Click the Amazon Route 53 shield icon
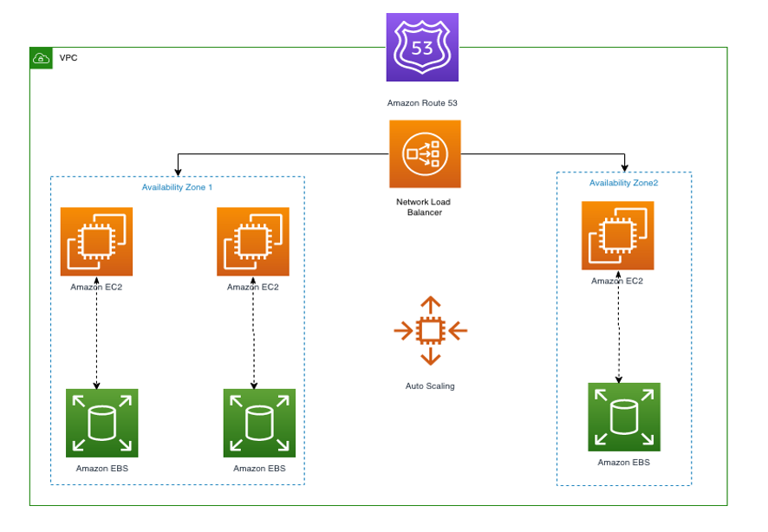tap(422, 48)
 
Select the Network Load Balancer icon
tap(425, 154)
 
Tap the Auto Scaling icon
tap(431, 331)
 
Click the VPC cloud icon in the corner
tap(41, 58)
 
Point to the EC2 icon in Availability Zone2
tap(618, 237)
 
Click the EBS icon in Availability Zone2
tap(624, 417)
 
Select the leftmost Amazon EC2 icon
tap(96, 242)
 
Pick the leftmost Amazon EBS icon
tap(102, 423)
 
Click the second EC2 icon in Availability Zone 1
tap(253, 242)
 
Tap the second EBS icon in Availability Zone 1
tap(259, 423)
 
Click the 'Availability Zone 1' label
tap(177, 187)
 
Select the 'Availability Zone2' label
tap(624, 183)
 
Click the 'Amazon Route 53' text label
tap(422, 103)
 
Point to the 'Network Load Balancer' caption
tap(424, 207)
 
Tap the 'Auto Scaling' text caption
tap(430, 386)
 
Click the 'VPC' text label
tap(68, 58)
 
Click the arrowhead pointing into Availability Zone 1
tap(178, 171)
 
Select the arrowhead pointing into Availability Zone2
tap(624, 166)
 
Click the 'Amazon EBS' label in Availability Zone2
tap(624, 463)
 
